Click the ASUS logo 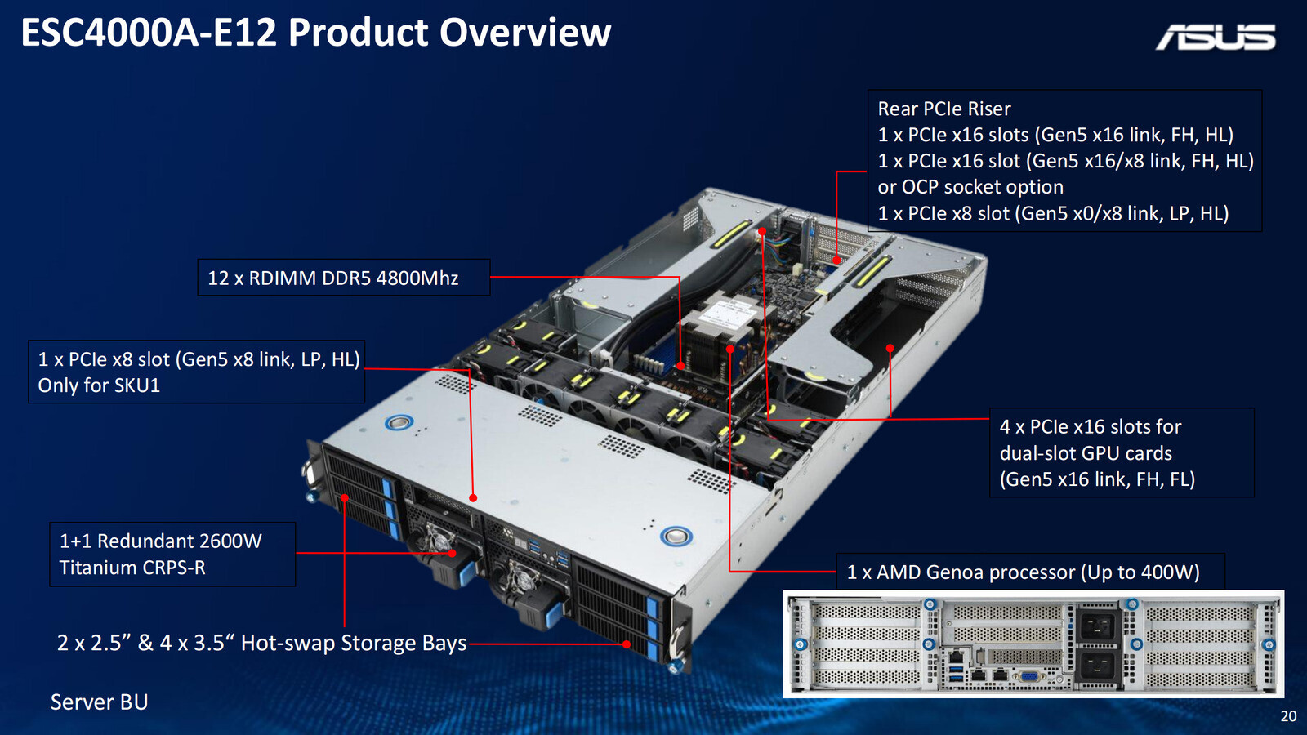1216,37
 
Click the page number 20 1288,716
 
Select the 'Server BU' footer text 99,702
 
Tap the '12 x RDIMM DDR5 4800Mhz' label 333,278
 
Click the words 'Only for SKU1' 99,385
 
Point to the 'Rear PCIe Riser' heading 944,109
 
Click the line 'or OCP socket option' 970,187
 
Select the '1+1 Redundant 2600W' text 160,541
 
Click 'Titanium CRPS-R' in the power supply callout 132,568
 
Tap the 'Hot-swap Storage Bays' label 353,644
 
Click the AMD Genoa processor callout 1023,572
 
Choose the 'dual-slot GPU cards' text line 1086,453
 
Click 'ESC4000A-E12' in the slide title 149,33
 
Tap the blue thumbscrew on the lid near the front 676,536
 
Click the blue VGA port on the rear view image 1028,676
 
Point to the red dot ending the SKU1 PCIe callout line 473,497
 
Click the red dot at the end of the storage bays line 627,644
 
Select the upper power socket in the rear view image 1096,627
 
